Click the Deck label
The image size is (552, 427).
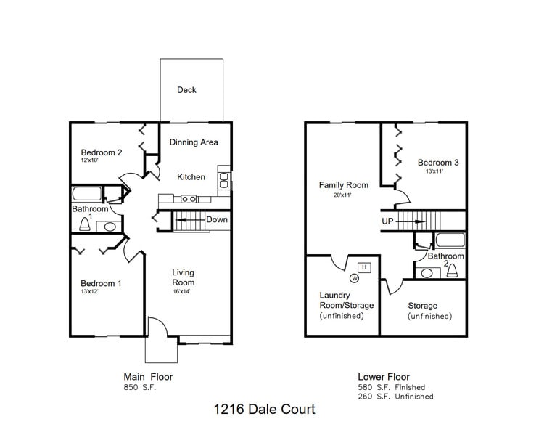tap(186, 90)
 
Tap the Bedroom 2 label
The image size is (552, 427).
tap(101, 152)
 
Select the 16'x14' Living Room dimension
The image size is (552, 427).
tap(182, 292)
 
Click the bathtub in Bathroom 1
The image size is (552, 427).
tap(87, 194)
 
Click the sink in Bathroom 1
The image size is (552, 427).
tap(110, 227)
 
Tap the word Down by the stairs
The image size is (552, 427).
tap(216, 220)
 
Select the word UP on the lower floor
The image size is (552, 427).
tap(388, 221)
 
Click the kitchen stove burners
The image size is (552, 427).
tap(189, 198)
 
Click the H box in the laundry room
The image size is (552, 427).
tap(364, 267)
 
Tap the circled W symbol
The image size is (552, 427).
tap(355, 277)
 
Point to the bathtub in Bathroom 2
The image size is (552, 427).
tap(449, 240)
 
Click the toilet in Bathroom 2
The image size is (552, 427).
tap(452, 272)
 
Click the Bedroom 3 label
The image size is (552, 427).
tap(438, 163)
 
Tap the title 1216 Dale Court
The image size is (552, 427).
tap(264, 410)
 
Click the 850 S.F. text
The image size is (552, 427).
tap(139, 387)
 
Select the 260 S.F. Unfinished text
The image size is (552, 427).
tap(395, 396)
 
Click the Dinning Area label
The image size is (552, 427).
tap(194, 142)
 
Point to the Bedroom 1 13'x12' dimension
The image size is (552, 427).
tap(91, 292)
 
